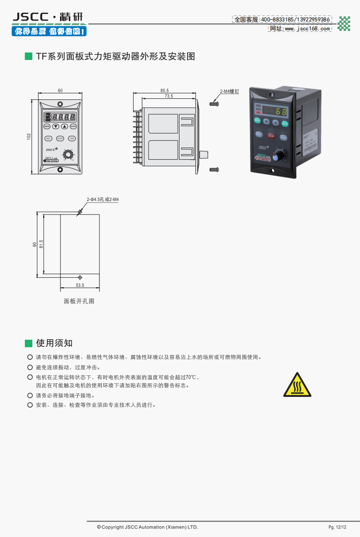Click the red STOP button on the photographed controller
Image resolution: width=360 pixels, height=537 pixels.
coord(271,136)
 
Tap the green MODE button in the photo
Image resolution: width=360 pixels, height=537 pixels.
coord(257,120)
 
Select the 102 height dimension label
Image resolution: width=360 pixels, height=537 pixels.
coord(29,136)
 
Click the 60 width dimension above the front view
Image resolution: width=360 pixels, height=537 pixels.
coord(60,90)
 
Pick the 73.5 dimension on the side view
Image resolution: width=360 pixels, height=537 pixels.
coord(169,96)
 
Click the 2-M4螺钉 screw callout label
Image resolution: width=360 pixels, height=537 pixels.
coord(230,92)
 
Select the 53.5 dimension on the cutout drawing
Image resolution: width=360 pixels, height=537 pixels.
coord(80,285)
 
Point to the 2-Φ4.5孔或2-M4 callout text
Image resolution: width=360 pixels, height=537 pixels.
coord(103,200)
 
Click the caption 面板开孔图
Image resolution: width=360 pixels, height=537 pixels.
coord(79,301)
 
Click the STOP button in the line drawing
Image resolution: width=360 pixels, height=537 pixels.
coord(60,138)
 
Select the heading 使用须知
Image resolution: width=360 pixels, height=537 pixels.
coord(54,343)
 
